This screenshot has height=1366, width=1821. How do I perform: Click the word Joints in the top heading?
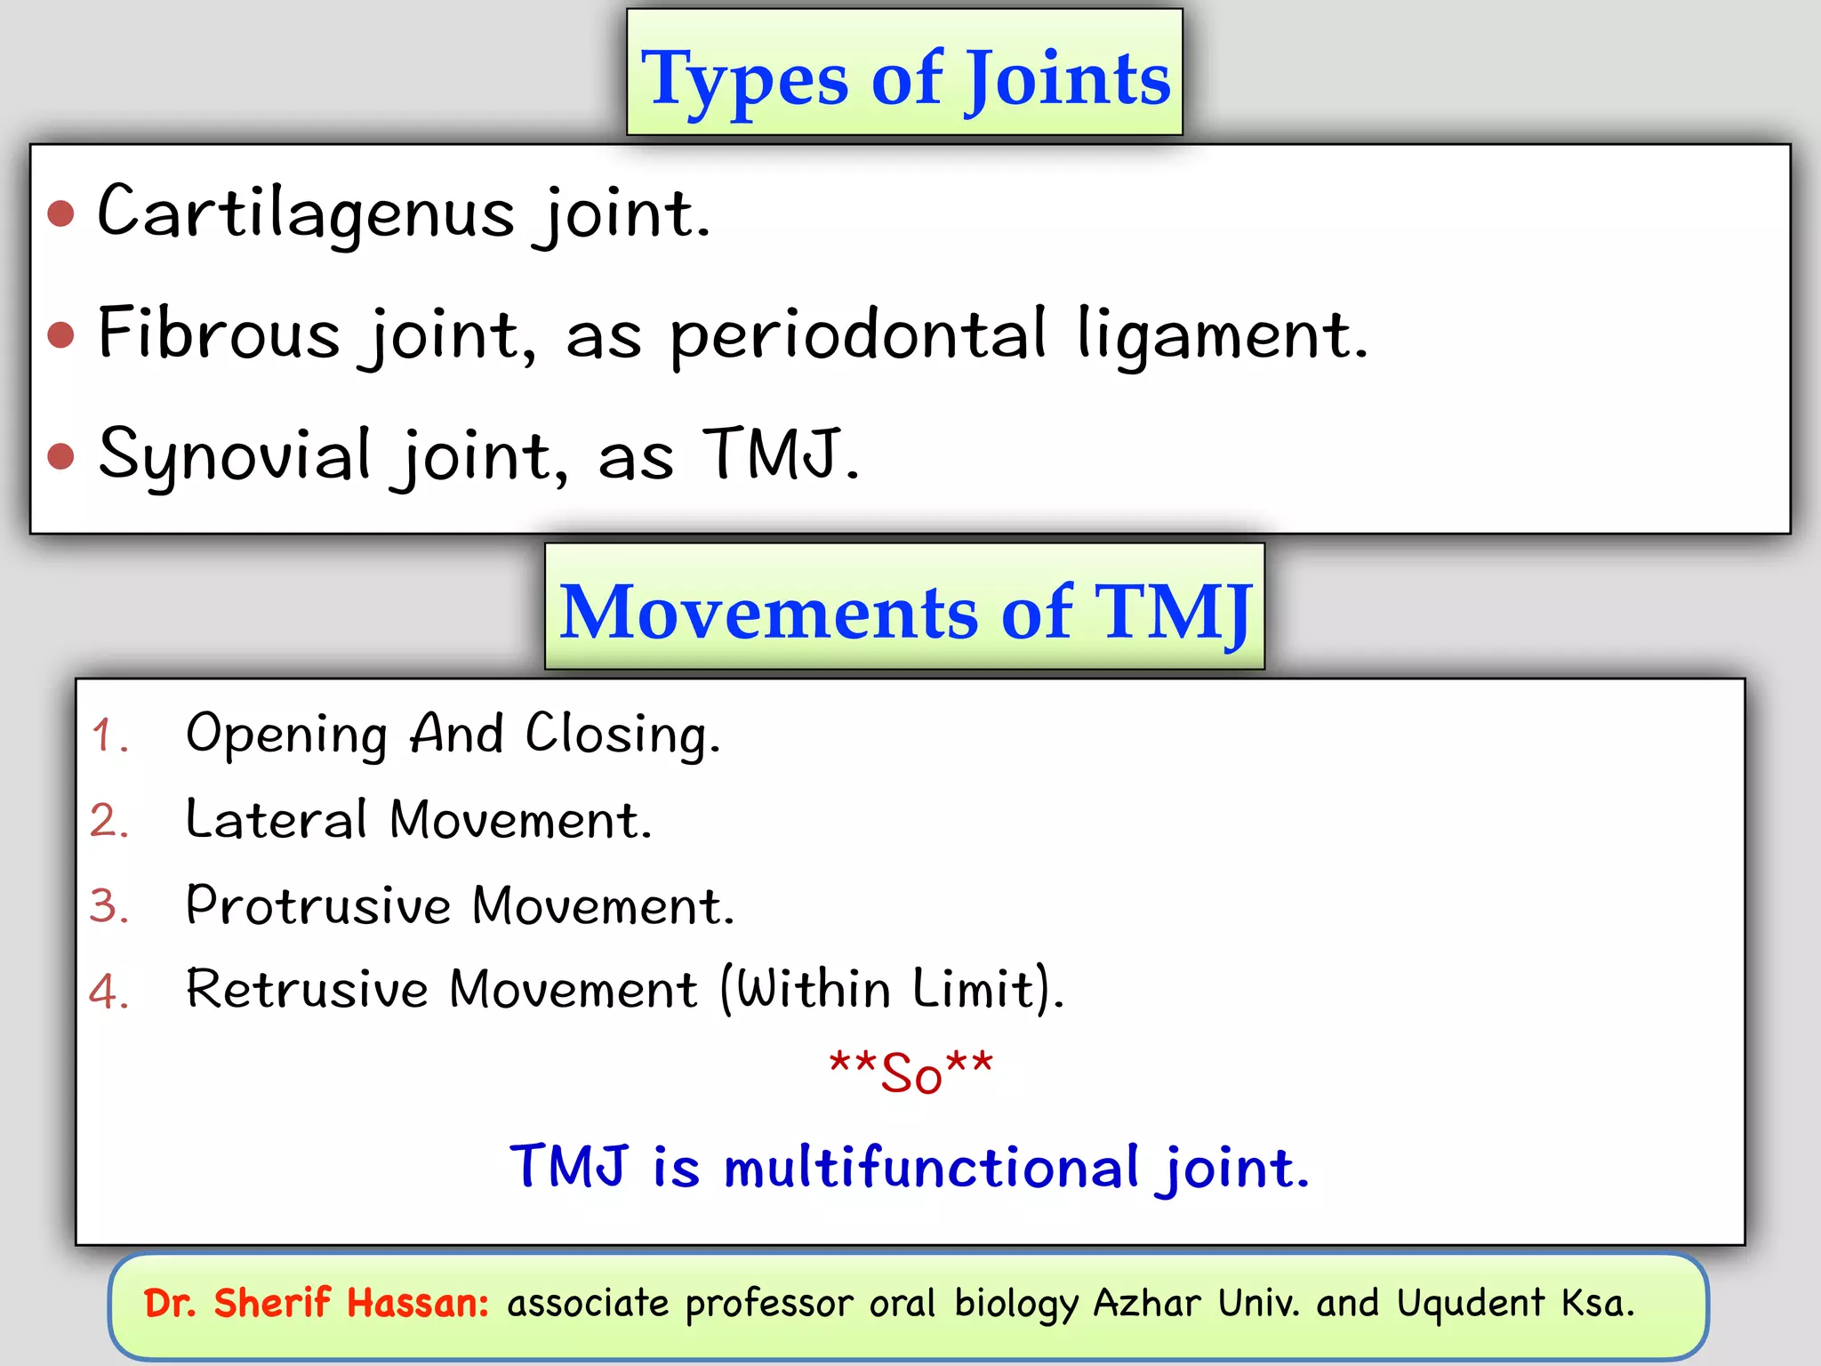[x=1068, y=80]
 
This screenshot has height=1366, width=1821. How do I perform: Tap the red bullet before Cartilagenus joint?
[x=60, y=213]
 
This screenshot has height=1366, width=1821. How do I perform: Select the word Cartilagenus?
[x=306, y=213]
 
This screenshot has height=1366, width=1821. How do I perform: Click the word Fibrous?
[x=219, y=334]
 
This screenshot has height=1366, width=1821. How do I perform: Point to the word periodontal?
[x=858, y=336]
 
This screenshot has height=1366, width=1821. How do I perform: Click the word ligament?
[x=1222, y=336]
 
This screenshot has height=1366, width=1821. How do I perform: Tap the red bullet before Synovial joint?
[x=60, y=456]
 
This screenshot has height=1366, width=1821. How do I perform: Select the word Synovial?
[x=234, y=456]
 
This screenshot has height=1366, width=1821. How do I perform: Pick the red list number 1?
[x=108, y=736]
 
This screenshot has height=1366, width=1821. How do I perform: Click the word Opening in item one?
[x=286, y=735]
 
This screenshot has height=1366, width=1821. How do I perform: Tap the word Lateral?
[x=276, y=819]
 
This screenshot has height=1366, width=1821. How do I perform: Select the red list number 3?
[x=108, y=906]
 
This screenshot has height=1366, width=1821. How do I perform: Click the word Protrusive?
[x=318, y=905]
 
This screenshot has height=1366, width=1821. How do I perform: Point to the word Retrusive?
[x=307, y=989]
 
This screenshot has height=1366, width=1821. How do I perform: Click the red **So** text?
[x=910, y=1073]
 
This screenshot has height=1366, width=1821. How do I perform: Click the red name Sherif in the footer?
[x=272, y=1303]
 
